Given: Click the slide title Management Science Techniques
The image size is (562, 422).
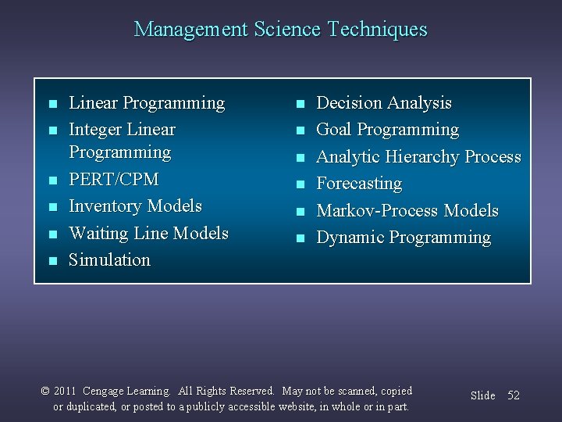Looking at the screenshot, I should click(281, 30).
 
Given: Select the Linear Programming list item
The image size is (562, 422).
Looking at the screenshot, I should click(147, 103).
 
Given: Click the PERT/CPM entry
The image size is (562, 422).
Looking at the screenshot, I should click(113, 180).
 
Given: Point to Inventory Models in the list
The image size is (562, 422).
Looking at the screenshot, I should click(135, 206).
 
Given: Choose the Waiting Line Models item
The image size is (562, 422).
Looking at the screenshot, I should click(148, 234).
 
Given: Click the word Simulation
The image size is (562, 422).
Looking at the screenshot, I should click(109, 260).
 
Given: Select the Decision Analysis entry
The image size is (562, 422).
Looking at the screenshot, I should click(383, 103).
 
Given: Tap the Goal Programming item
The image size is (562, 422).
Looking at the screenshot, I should click(387, 130).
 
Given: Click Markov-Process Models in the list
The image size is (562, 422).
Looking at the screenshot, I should click(407, 211).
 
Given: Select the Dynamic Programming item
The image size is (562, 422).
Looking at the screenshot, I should click(403, 238).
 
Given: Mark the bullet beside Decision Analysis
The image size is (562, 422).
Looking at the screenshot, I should click(299, 104).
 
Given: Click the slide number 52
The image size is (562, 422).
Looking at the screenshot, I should click(513, 395).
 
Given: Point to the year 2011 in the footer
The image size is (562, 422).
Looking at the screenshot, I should click(65, 391).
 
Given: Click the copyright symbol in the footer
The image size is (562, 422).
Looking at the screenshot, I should click(45, 391).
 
